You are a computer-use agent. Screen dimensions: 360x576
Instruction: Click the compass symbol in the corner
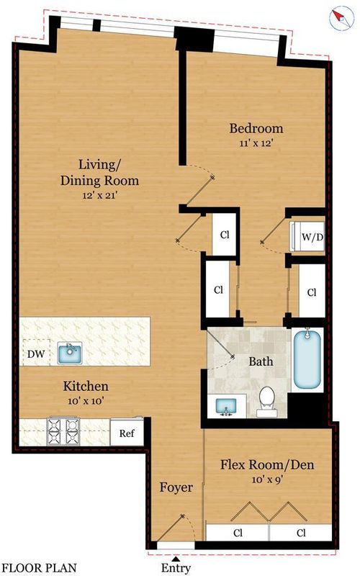(x=341, y=19)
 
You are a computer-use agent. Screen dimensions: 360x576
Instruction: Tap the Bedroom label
(x=256, y=129)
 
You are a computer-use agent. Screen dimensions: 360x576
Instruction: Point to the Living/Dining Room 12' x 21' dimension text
(x=99, y=195)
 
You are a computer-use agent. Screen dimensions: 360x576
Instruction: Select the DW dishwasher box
(x=36, y=353)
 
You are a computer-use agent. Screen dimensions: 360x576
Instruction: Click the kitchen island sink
(x=69, y=353)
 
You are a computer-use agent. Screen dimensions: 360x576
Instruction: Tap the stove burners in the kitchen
(x=63, y=431)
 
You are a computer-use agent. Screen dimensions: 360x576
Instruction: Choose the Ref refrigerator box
(x=127, y=433)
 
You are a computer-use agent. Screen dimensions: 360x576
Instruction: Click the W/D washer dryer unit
(x=307, y=237)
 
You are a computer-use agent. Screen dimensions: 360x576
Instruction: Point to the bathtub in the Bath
(x=307, y=359)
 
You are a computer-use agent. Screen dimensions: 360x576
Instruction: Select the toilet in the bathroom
(x=266, y=402)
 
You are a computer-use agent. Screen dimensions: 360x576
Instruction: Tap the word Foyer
(x=176, y=487)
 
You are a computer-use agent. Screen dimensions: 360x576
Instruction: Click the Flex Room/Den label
(x=267, y=464)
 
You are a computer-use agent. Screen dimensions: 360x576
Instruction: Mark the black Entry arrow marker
(x=176, y=559)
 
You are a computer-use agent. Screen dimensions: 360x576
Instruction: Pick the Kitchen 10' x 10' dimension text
(x=86, y=401)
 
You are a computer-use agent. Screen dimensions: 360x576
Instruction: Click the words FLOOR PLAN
(x=40, y=568)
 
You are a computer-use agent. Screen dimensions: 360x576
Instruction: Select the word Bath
(x=261, y=361)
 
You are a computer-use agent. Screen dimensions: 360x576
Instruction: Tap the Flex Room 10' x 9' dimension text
(x=267, y=480)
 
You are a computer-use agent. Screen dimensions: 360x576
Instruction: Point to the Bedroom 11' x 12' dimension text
(x=256, y=143)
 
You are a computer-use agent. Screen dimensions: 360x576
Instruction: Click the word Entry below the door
(x=176, y=568)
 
